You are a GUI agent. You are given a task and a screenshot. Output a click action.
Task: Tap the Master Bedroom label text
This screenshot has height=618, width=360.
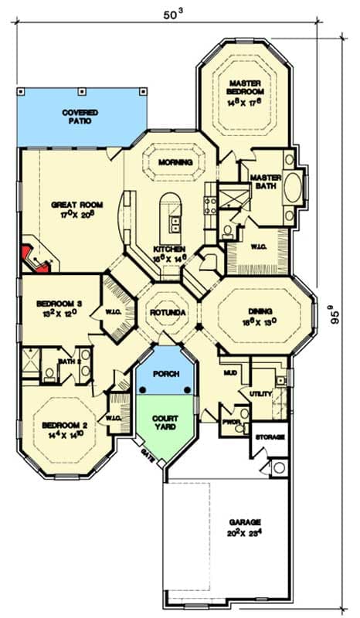pos(246,89)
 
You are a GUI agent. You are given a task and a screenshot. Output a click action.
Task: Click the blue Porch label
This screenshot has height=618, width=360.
pos(167,374)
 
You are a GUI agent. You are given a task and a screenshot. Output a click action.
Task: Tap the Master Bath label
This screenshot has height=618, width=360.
pos(265,182)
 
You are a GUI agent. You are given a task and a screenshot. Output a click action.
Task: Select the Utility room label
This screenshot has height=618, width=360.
pos(261,394)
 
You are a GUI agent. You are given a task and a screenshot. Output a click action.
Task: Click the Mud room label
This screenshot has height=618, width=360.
pos(231,372)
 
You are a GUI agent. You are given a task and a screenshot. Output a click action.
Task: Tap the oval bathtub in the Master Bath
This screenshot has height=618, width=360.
pos(293,188)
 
